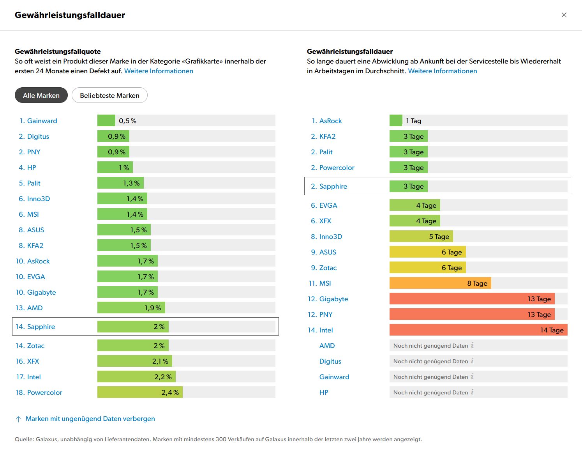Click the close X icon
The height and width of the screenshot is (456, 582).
564,15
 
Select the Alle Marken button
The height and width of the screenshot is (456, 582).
41,95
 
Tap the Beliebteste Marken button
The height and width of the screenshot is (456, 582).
109,95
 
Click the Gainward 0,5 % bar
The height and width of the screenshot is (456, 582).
106,121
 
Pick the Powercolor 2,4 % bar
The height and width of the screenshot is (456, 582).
139,392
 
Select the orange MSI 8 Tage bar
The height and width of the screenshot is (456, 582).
440,283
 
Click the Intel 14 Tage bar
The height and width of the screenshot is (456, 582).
478,330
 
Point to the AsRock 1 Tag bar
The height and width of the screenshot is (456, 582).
396,121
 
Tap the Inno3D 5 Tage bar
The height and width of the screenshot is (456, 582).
421,237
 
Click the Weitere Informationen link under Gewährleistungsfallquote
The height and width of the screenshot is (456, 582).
159,71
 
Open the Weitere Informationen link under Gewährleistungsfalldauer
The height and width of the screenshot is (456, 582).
442,71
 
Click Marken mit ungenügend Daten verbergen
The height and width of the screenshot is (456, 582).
90,419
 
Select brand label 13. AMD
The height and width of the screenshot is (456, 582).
29,308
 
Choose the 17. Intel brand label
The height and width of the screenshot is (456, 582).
28,377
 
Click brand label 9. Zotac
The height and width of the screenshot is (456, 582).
324,268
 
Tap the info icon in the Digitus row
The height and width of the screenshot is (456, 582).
472,361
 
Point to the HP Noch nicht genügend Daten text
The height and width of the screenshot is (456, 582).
430,392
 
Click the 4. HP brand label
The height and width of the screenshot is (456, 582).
28,168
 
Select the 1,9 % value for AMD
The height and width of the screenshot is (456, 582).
153,308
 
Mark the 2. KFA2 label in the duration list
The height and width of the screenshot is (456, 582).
323,136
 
